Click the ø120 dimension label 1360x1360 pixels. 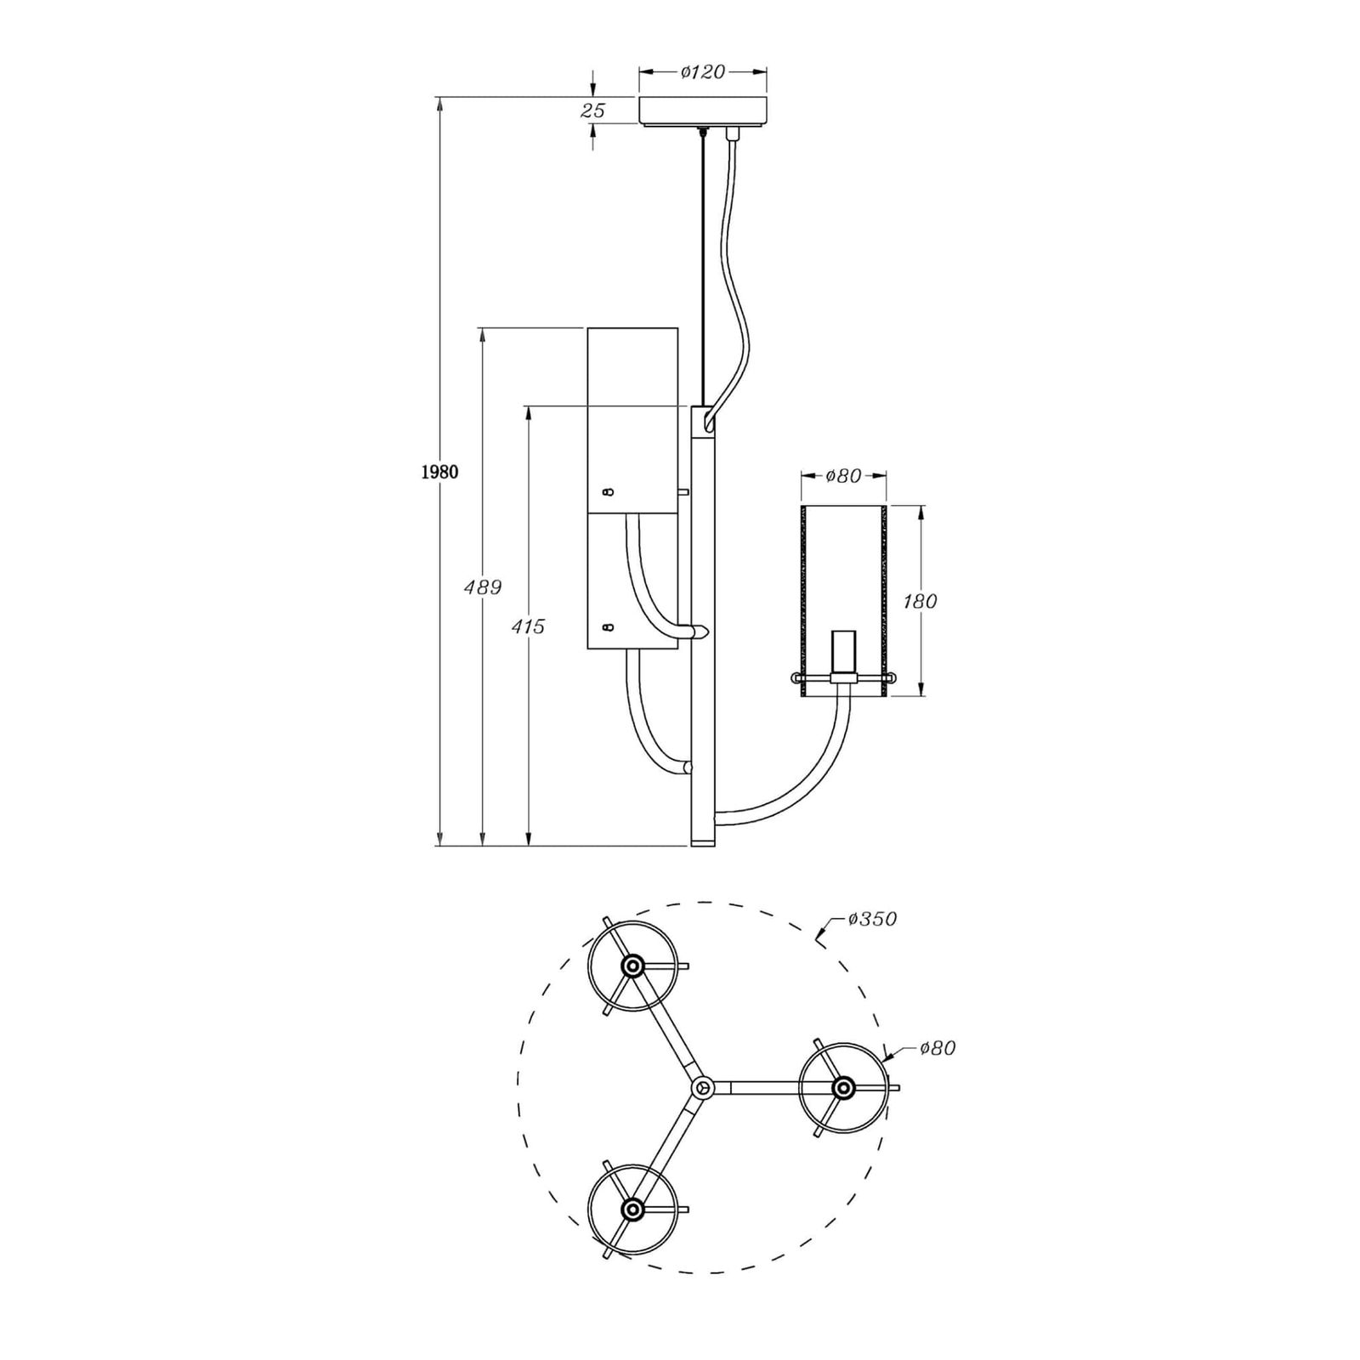click(703, 72)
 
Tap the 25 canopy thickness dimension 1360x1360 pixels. click(593, 110)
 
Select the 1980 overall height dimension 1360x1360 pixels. click(439, 473)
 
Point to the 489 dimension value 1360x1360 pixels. click(483, 587)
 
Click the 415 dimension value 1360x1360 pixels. click(528, 627)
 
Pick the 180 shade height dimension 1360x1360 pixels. click(920, 602)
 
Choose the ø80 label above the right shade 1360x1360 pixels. click(844, 476)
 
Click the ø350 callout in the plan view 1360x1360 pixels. click(872, 919)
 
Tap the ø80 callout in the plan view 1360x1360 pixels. click(937, 1049)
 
